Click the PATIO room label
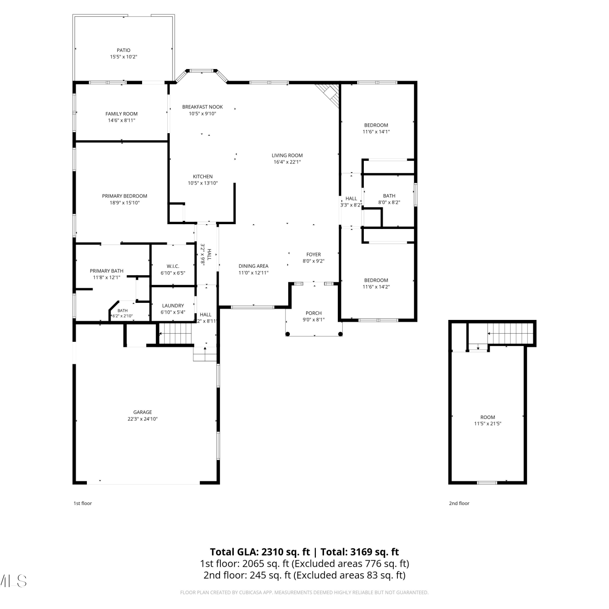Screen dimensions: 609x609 point(124,50)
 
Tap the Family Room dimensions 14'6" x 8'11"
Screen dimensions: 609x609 point(122,120)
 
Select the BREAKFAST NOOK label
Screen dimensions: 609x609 point(203,107)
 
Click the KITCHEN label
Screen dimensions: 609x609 point(203,177)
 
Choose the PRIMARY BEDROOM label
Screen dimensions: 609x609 point(125,196)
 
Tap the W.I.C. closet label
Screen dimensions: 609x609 point(173,266)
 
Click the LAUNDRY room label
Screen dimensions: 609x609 point(173,306)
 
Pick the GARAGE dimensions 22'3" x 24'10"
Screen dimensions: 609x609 point(143,419)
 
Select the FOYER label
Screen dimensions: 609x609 point(314,255)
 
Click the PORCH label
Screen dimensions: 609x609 point(314,313)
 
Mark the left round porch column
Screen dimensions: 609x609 point(288,334)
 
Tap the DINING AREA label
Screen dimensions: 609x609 point(253,266)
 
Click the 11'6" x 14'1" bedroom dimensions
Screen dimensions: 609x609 point(376,132)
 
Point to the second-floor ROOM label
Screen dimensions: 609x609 point(488,417)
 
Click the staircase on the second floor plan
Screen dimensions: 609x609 point(510,333)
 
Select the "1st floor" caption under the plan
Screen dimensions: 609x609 point(83,503)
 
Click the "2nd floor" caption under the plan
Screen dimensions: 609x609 point(459,503)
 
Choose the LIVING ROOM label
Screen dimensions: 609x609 point(287,155)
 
